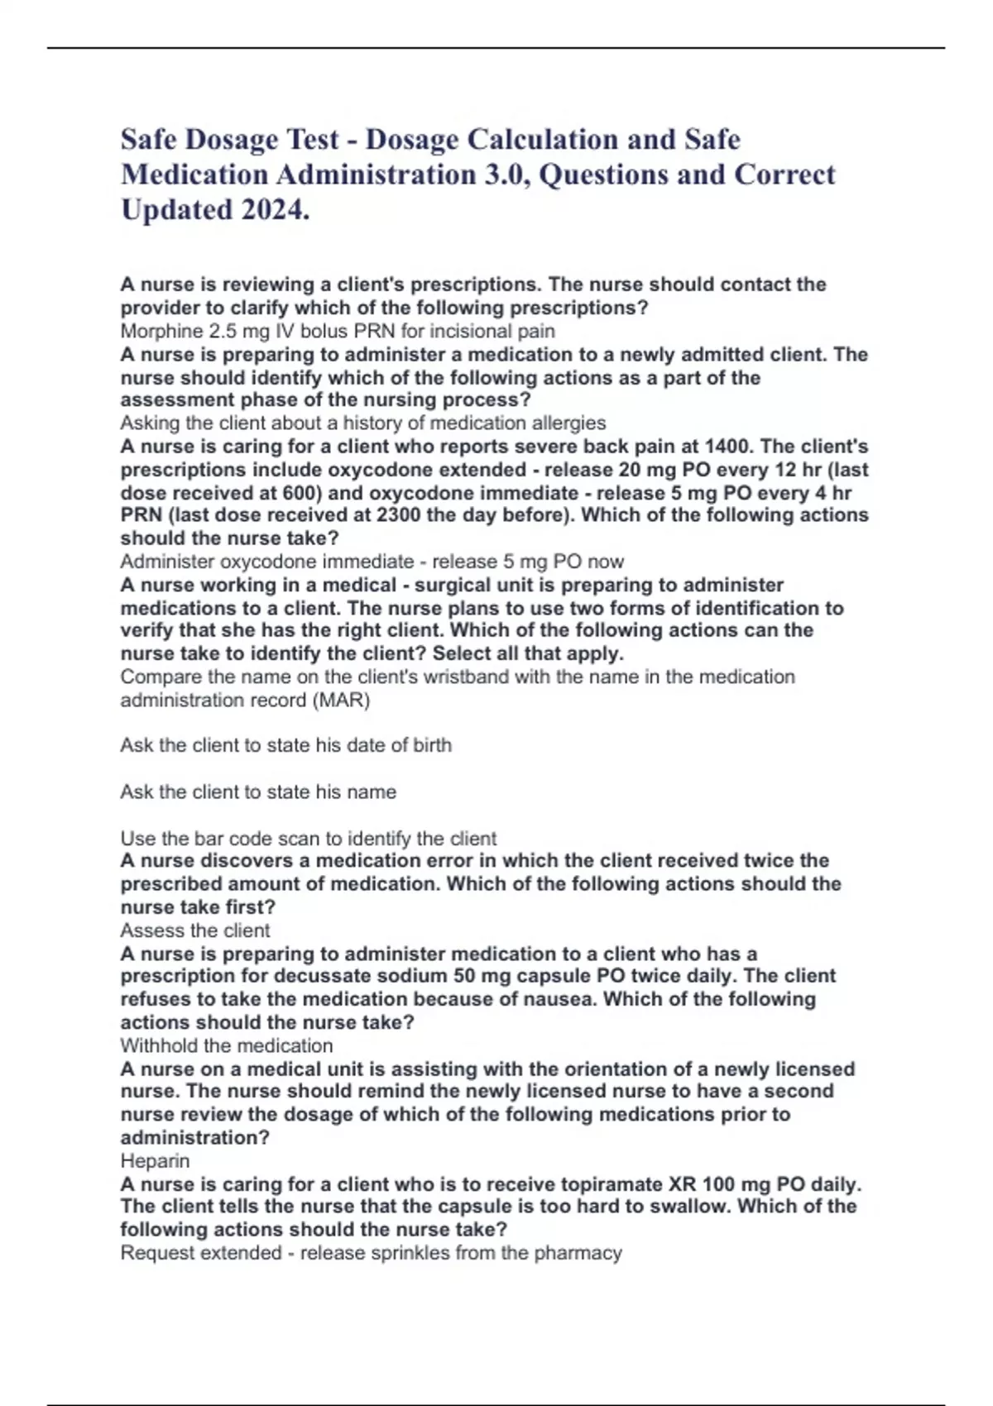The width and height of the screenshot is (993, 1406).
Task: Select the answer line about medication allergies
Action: click(362, 423)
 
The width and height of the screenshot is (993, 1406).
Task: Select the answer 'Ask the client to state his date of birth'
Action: click(285, 745)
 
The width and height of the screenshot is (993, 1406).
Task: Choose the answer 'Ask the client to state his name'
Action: click(258, 791)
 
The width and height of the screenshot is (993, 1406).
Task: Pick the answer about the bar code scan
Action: click(308, 838)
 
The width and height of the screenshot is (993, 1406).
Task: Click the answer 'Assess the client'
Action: click(195, 930)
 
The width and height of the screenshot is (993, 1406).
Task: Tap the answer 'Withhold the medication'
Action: click(226, 1045)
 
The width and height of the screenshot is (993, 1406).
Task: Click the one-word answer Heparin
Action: click(155, 1161)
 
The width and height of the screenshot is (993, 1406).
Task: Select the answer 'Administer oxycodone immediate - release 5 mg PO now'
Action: click(372, 562)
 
